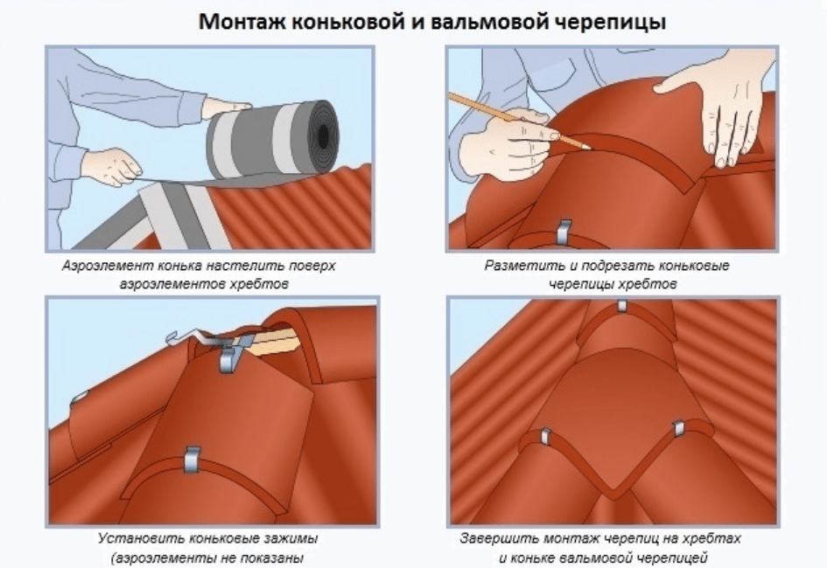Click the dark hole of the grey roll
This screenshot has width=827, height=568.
tap(326, 135)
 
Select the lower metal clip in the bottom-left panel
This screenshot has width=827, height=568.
tap(193, 459)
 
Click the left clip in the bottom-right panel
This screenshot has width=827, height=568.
tap(545, 437)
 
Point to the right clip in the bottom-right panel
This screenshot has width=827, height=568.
tap(679, 430)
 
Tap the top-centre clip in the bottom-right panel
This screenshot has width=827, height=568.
tap(622, 306)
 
